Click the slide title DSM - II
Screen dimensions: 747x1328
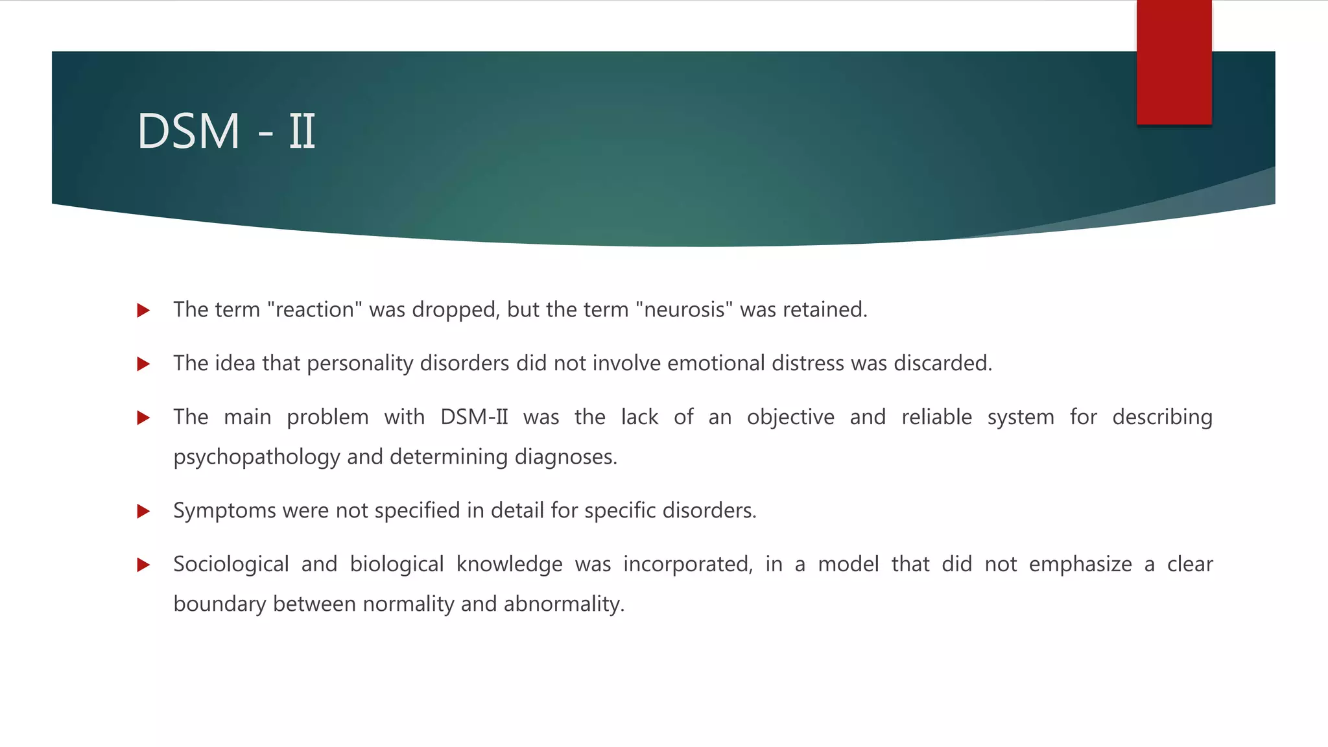tap(226, 132)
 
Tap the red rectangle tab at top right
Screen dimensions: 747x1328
tap(1174, 62)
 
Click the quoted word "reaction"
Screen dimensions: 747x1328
tap(314, 310)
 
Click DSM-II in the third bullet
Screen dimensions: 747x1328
tap(474, 417)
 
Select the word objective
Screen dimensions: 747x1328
tap(790, 417)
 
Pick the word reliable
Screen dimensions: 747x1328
tap(936, 417)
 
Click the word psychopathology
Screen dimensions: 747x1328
tap(256, 458)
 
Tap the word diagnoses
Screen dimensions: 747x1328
tap(565, 458)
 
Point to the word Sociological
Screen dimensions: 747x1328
tap(231, 565)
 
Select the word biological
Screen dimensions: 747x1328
tap(396, 565)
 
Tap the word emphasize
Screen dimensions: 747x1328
tap(1080, 565)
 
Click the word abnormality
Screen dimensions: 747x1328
tap(563, 604)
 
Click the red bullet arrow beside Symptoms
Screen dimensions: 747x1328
tap(144, 512)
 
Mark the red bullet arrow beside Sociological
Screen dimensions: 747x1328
tap(144, 565)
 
